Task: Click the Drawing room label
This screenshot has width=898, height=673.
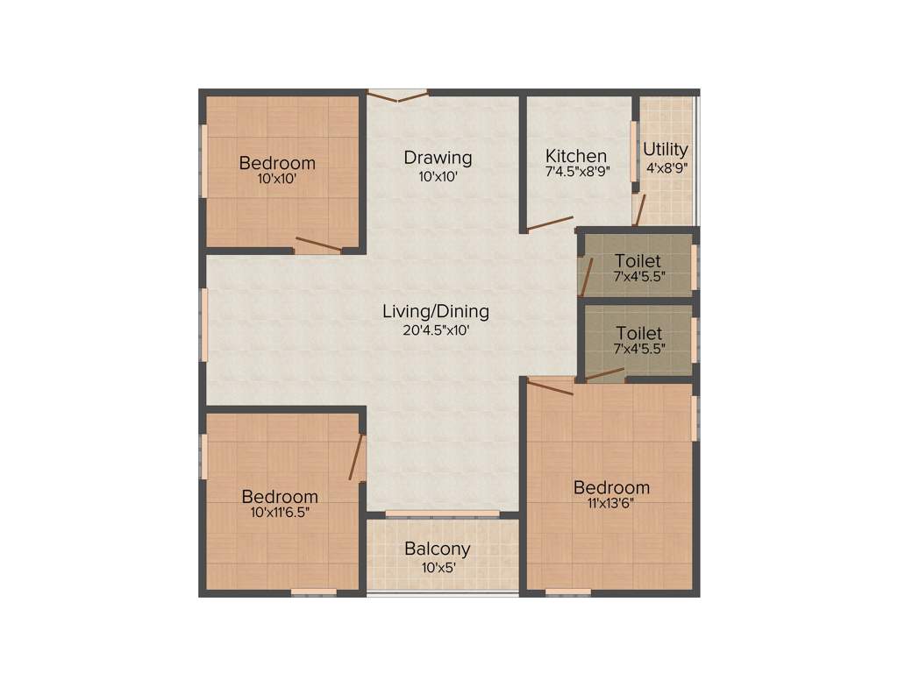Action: pos(438,158)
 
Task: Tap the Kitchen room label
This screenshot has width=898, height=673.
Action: pos(576,156)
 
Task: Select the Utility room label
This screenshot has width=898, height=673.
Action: pos(666,149)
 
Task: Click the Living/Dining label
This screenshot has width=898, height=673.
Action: pos(436,311)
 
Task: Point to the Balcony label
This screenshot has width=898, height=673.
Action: pos(437,549)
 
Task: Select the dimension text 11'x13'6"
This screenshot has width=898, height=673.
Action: pos(611,503)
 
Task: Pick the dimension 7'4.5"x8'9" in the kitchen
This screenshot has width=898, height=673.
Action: pos(577,173)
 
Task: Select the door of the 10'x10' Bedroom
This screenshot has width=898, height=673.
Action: pos(318,244)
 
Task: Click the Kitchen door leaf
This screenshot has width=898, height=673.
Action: pos(550,223)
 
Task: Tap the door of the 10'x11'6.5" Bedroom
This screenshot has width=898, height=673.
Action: pos(356,457)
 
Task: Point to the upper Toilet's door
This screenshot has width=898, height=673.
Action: pos(587,276)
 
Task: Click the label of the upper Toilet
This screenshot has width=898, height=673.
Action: pos(638,261)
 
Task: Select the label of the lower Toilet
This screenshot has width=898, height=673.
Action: pos(638,333)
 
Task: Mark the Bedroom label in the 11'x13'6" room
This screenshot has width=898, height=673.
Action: pos(611,487)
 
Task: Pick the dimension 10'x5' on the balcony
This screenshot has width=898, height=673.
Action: pos(437,566)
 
